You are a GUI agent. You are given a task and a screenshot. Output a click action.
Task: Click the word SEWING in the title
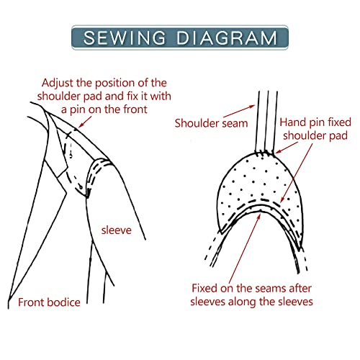coord(125,37)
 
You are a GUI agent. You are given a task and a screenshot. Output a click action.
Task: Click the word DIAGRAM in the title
coord(227,37)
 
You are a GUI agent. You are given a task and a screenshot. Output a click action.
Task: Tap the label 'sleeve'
coord(117,230)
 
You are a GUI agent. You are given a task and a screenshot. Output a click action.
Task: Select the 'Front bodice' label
coord(49,302)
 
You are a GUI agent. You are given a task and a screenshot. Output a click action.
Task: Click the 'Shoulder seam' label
coord(211,123)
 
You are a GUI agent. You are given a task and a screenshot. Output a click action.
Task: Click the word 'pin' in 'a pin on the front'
coord(78,110)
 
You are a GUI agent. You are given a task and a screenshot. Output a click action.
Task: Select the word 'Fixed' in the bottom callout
coord(204,288)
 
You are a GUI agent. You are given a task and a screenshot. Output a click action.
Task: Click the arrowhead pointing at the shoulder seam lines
coord(253,106)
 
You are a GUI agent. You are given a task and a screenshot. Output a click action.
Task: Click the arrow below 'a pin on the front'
coord(85,122)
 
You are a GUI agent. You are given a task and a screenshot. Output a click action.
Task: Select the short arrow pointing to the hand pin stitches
coord(287,148)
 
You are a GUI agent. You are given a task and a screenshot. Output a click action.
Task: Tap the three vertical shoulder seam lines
coord(268,121)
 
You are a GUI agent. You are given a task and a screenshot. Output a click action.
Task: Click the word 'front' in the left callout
coord(135,109)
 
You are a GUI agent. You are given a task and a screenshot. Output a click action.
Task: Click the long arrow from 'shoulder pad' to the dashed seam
coord(297,174)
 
